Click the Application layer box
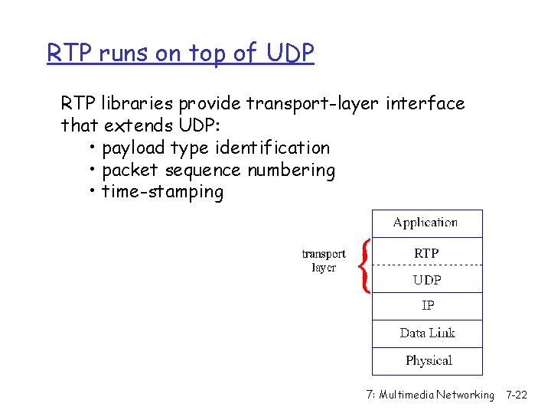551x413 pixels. click(x=427, y=223)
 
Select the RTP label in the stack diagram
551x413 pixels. click(x=426, y=252)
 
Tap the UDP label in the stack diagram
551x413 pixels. click(x=427, y=280)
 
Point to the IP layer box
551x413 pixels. click(x=427, y=306)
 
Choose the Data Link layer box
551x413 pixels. click(x=427, y=333)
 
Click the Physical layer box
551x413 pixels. click(x=427, y=361)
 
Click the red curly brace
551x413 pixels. click(x=365, y=265)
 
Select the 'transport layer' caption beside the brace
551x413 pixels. click(x=324, y=261)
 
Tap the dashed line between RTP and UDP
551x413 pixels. click(x=427, y=265)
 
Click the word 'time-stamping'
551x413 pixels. click(x=162, y=192)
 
